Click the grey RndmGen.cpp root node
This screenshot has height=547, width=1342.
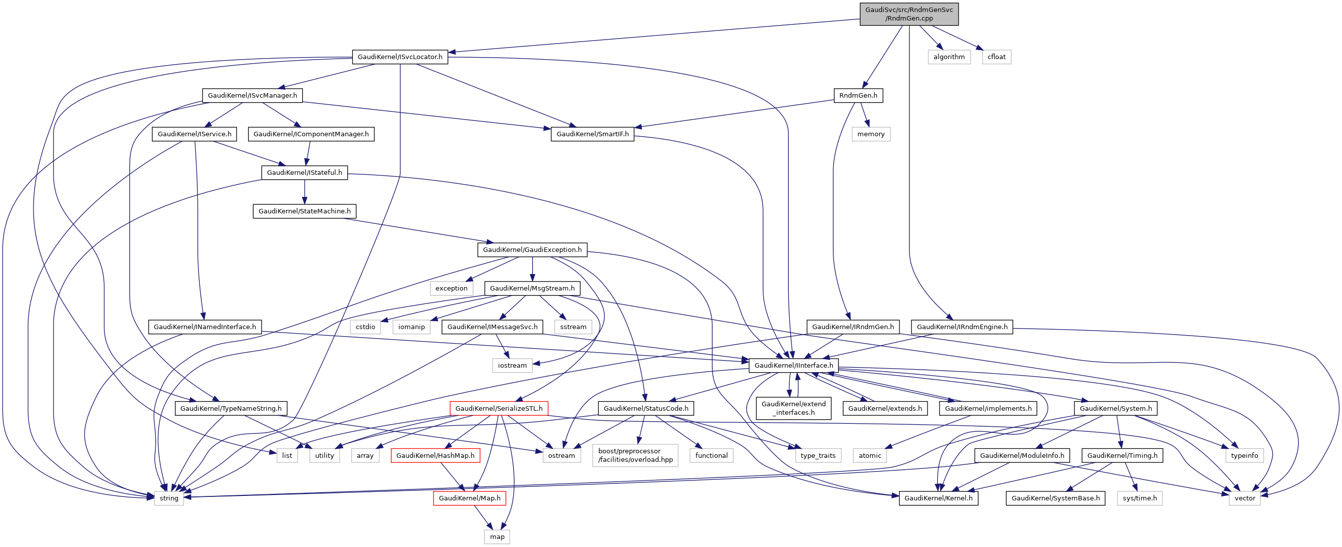tap(909, 14)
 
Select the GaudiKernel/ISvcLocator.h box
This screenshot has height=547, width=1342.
tap(399, 57)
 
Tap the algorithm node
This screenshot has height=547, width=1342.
tap(949, 57)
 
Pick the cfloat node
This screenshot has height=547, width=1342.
tap(996, 57)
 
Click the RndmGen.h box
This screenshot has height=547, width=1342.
tap(857, 95)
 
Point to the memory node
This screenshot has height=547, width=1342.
tap(870, 134)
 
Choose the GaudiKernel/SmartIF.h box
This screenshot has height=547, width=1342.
tap(592, 134)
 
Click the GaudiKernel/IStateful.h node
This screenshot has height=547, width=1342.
tap(304, 172)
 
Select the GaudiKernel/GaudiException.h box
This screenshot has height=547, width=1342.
tap(532, 249)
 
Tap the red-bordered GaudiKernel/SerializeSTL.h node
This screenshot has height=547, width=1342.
tap(499, 408)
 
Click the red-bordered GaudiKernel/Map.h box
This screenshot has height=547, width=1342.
tap(470, 498)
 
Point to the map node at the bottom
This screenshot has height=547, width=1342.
tap(497, 536)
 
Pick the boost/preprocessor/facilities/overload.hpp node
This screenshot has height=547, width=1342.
tap(635, 455)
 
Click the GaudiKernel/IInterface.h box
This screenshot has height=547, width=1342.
tap(793, 365)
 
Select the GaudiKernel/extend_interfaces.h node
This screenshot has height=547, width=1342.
tap(793, 408)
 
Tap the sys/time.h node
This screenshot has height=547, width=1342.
tap(1140, 498)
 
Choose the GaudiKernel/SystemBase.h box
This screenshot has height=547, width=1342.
tap(1055, 498)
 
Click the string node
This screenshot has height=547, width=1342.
tap(169, 498)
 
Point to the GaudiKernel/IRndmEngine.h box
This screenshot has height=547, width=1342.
tap(962, 327)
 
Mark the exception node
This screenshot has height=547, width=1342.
tap(451, 288)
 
